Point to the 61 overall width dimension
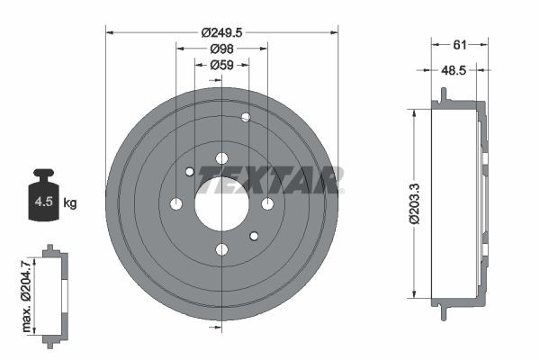pyautogui.click(x=459, y=42)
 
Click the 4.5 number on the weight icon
pyautogui.click(x=43, y=202)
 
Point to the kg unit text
pyautogui.click(x=69, y=203)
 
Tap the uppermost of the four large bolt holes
pyautogui.click(x=221, y=158)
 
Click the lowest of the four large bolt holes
pyautogui.click(x=221, y=249)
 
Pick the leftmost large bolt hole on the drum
pyautogui.click(x=176, y=203)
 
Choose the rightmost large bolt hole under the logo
pyautogui.click(x=267, y=203)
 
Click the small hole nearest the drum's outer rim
pyautogui.click(x=246, y=117)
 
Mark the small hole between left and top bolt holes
pyautogui.click(x=190, y=172)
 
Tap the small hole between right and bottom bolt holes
pyautogui.click(x=254, y=236)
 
